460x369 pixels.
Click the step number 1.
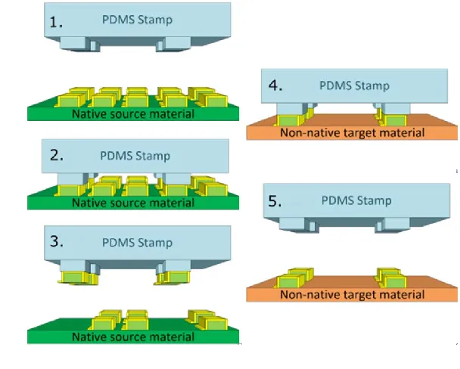tap(57, 22)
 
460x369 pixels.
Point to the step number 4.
tap(275, 84)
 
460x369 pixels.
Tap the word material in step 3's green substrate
tap(170, 337)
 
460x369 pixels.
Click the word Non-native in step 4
tap(308, 133)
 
